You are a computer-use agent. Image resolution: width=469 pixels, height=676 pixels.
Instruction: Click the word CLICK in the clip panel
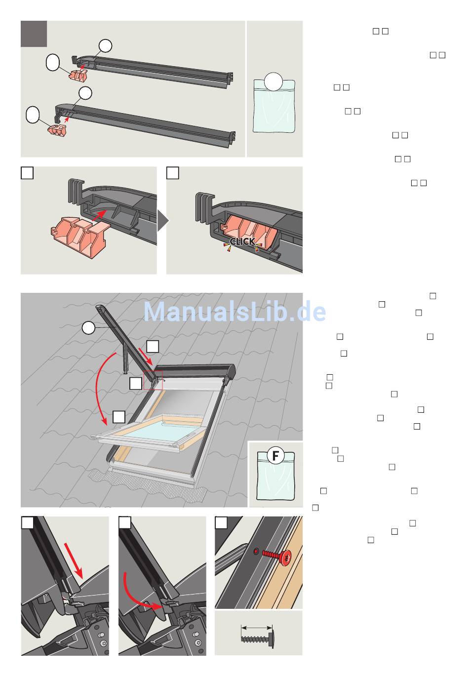point(242,241)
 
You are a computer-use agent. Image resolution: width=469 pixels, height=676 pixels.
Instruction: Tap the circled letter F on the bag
point(275,455)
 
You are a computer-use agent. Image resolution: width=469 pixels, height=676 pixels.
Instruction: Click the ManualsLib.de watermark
point(234,312)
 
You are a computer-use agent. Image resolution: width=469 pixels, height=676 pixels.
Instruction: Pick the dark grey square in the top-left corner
point(34,34)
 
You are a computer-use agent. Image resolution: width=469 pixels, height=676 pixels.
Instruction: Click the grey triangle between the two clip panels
point(163,220)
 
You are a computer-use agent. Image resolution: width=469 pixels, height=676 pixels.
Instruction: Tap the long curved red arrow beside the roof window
point(100,389)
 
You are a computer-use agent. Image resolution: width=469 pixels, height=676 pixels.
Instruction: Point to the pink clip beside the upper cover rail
point(78,75)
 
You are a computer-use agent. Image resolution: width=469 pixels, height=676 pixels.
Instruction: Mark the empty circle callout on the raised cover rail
point(88,328)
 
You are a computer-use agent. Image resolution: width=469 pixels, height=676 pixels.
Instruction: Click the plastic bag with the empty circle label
point(274,106)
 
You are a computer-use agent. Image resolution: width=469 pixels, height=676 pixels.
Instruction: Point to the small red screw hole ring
point(256,552)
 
